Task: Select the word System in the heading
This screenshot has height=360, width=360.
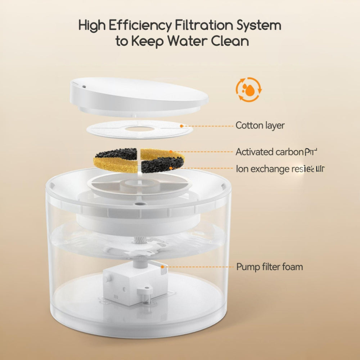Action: (x=258, y=26)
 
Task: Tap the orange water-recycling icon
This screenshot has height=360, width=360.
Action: (x=248, y=90)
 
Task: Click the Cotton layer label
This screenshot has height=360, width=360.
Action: (x=260, y=126)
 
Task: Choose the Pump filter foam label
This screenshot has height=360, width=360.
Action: (x=269, y=267)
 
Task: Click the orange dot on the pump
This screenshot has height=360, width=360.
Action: (x=163, y=267)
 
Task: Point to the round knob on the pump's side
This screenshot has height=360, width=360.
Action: (x=107, y=279)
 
